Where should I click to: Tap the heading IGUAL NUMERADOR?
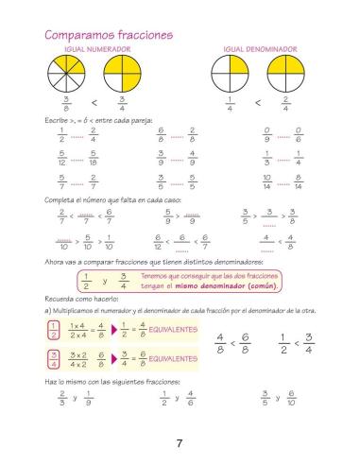pyautogui.click(x=94, y=48)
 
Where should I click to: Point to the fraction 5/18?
pyautogui.click(x=94, y=156)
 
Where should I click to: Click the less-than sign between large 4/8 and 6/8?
pyautogui.click(x=230, y=343)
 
